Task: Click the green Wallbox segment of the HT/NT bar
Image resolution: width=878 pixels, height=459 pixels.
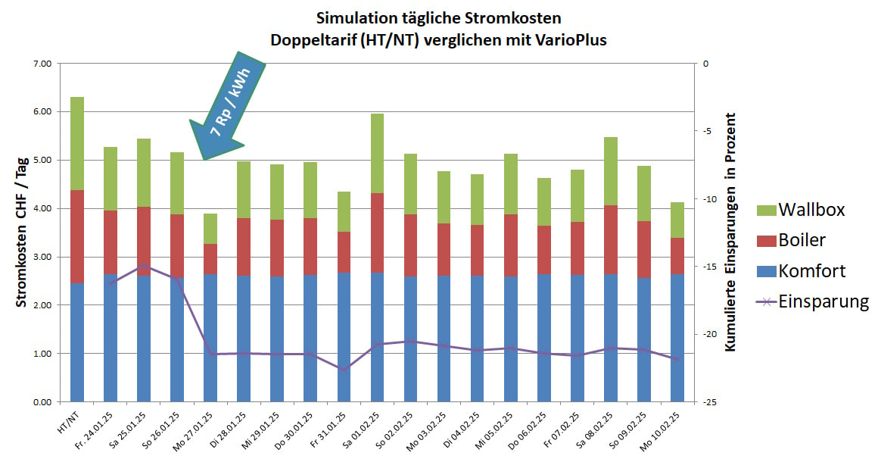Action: click(76, 143)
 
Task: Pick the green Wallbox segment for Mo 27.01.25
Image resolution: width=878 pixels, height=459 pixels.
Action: click(210, 228)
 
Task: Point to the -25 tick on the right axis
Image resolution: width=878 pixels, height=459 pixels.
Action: click(708, 402)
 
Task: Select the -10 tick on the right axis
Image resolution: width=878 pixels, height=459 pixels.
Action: click(708, 199)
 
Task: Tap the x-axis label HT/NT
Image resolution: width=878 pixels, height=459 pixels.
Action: click(70, 419)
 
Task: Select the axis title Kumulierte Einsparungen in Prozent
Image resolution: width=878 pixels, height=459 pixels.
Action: click(730, 232)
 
